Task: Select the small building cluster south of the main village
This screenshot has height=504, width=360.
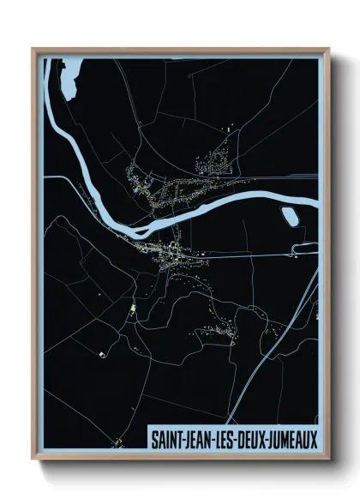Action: pos(219,330)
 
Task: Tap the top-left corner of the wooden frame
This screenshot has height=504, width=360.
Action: pos(33,50)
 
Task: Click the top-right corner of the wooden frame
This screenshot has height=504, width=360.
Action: pos(328,50)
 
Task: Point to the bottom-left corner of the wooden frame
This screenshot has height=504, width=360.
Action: pos(33,459)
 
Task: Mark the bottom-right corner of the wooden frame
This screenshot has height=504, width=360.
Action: pos(328,459)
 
